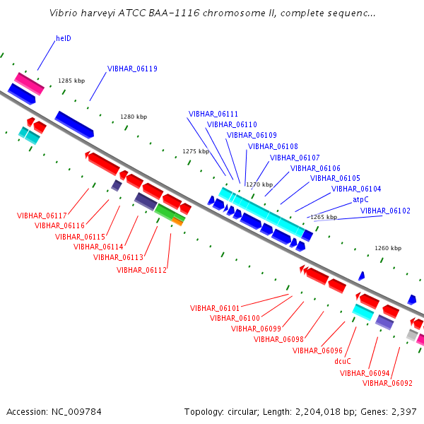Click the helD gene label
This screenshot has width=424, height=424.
[x=64, y=38]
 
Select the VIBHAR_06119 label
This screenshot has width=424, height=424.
[x=132, y=69]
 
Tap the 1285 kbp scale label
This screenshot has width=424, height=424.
[x=71, y=81]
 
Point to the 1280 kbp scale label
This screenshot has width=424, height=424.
[x=134, y=117]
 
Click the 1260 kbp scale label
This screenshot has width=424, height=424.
[x=388, y=248]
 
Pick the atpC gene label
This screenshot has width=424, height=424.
[x=360, y=200]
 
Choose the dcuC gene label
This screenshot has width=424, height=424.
[x=343, y=361]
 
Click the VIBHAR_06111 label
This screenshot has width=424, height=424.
[x=213, y=114]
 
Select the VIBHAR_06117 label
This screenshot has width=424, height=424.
[x=42, y=216]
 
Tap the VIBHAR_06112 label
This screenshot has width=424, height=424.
[x=141, y=270]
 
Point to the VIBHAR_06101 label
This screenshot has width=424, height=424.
[x=215, y=308]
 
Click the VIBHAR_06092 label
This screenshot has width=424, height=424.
[x=387, y=383]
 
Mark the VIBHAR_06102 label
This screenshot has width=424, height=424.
[x=385, y=211]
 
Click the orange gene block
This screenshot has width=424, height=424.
[x=177, y=222]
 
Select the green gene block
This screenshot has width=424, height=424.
[x=170, y=212]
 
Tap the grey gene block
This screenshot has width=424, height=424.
[x=412, y=335]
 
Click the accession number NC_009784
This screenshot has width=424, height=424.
[x=76, y=412]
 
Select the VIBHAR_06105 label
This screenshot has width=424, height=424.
[x=335, y=178]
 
